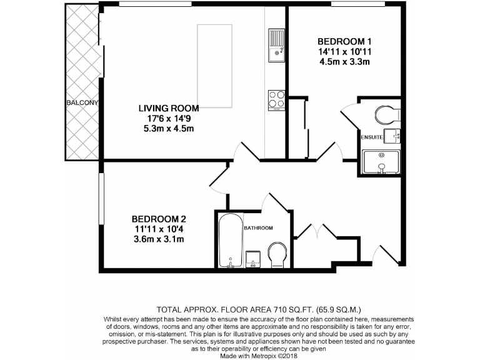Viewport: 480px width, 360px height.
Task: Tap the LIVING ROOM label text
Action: coord(169,108)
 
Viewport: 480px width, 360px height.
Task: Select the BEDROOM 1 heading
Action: coord(344,41)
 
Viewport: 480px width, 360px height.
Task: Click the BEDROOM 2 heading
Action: coord(159,219)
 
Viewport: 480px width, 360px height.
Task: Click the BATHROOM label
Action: coord(258,228)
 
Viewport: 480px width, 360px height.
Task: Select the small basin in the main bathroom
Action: coord(253,259)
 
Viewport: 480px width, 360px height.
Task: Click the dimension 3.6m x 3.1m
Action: coord(159,239)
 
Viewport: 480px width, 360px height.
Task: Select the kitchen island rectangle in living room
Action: coord(216,66)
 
